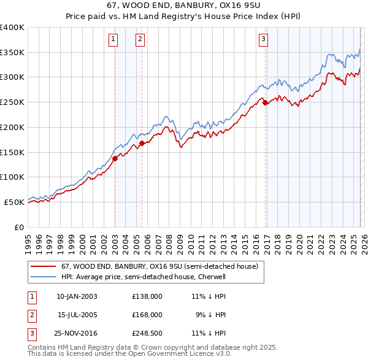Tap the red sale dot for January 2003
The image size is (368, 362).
[115, 158]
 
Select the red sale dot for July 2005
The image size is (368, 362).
[142, 143]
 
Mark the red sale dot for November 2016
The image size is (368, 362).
[266, 103]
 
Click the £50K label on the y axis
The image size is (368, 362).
[14, 202]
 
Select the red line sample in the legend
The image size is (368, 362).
[42, 266]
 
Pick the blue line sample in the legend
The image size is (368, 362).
[42, 277]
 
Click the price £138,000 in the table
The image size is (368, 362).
[147, 296]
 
